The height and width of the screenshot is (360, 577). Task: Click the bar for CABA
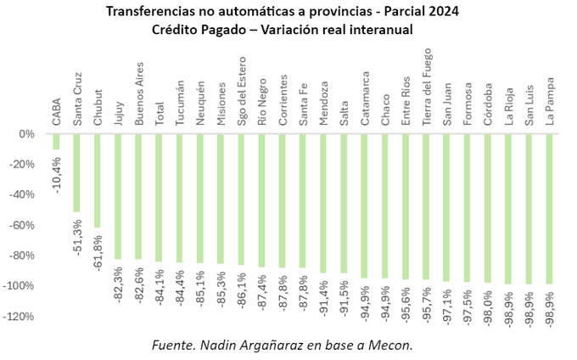[56, 142]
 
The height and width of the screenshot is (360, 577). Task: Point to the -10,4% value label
[57, 174]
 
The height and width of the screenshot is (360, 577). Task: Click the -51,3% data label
[77, 237]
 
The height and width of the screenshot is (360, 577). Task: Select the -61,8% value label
[98, 253]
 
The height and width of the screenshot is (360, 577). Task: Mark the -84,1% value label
[160, 287]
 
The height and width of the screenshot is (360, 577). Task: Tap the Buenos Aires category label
[138, 94]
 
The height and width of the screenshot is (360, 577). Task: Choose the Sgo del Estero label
[241, 93]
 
